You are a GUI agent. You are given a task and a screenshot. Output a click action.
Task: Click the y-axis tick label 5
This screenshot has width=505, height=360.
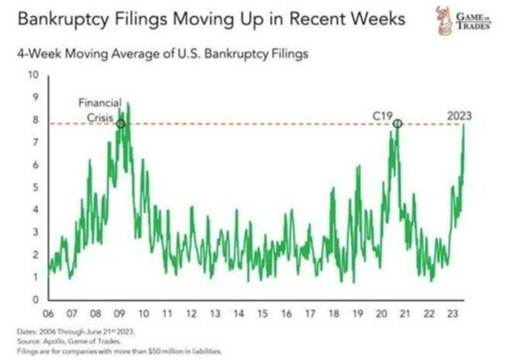click(36, 187)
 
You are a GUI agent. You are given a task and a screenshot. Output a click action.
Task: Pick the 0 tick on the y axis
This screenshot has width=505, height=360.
click(36, 299)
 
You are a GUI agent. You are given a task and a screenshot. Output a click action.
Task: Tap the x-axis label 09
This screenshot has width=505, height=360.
click(119, 314)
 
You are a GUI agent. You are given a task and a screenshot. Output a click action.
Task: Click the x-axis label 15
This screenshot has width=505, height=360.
click(262, 314)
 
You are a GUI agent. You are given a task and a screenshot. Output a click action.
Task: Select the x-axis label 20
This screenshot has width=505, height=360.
click(381, 314)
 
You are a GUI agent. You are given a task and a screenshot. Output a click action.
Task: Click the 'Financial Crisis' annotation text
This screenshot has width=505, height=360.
click(101, 110)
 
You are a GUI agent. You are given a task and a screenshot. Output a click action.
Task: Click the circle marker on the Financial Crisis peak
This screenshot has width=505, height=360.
click(121, 124)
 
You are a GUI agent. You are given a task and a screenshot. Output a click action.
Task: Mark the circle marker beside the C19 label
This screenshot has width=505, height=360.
click(398, 124)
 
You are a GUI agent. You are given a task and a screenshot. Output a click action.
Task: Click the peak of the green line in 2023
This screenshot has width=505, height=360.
click(464, 125)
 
